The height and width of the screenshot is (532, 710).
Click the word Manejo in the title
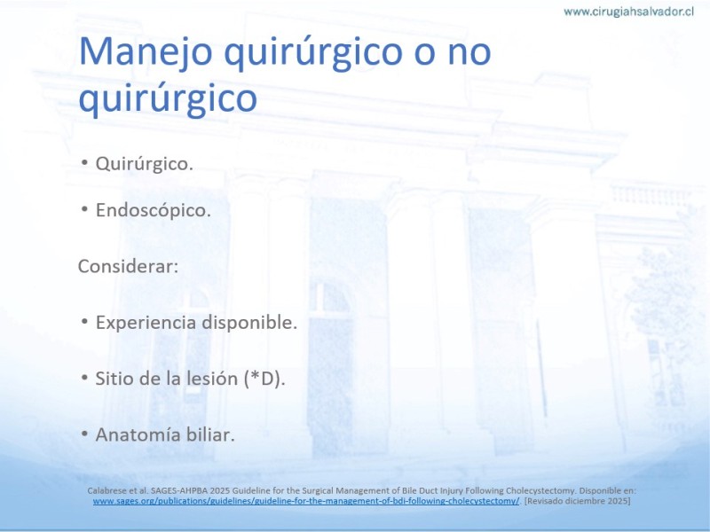click(146, 52)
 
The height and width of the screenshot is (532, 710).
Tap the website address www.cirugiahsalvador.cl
click(628, 12)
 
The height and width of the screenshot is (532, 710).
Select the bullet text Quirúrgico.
click(144, 164)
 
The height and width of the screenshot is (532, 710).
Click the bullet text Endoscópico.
click(153, 210)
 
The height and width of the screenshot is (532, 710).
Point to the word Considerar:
click(128, 266)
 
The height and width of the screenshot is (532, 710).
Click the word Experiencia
click(146, 323)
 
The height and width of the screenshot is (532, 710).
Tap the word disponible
click(249, 323)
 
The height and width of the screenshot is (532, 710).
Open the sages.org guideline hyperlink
click(306, 501)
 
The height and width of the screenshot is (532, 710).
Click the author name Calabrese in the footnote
click(105, 490)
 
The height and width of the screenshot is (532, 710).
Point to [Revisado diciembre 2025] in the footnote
click(578, 501)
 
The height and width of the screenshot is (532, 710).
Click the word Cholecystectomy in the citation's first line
click(540, 491)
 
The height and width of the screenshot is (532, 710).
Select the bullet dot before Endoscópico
click(84, 209)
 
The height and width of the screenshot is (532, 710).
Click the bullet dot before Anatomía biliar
click(84, 434)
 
